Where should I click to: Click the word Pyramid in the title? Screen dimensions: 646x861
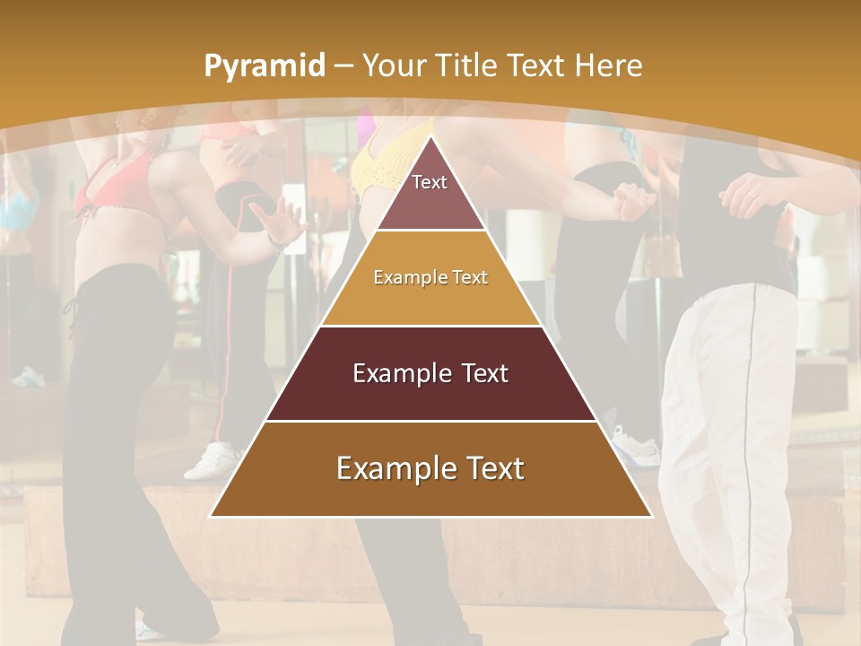pos(265,66)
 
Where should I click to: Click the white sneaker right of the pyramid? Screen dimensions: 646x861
pos(636,445)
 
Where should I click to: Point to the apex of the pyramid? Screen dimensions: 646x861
pos(430,139)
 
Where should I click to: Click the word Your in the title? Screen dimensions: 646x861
pos(392,66)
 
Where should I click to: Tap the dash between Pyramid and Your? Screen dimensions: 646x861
pos(344,66)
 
